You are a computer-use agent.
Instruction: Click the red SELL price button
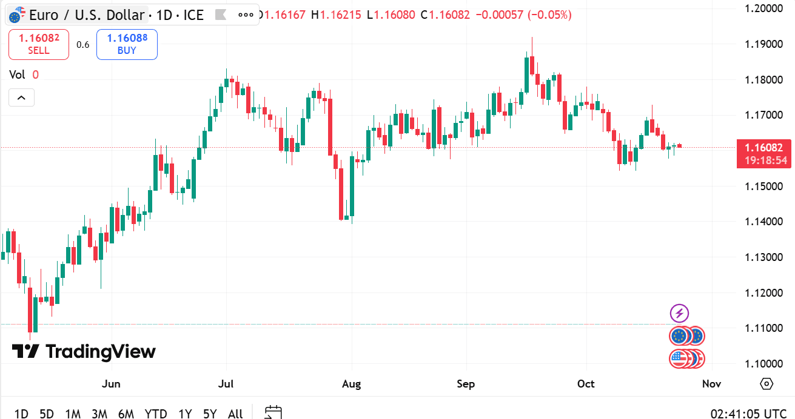pyautogui.click(x=39, y=44)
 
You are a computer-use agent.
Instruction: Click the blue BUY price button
pyautogui.click(x=127, y=44)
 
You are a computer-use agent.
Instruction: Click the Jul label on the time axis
pyautogui.click(x=226, y=384)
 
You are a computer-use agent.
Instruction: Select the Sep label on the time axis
pyautogui.click(x=466, y=384)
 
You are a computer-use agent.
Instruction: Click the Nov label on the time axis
pyautogui.click(x=711, y=384)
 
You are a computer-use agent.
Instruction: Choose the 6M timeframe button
pyautogui.click(x=126, y=414)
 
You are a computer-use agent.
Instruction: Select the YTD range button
pyautogui.click(x=156, y=414)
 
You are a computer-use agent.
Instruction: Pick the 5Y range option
pyautogui.click(x=210, y=414)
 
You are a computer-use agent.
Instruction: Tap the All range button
pyautogui.click(x=235, y=414)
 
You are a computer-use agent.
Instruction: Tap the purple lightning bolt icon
pyautogui.click(x=679, y=313)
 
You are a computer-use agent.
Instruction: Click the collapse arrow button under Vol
pyautogui.click(x=21, y=97)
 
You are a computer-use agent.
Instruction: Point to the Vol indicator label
pyautogui.click(x=17, y=74)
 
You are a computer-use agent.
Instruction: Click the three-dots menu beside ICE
pyautogui.click(x=246, y=15)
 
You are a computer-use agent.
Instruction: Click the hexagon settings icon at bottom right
pyautogui.click(x=766, y=384)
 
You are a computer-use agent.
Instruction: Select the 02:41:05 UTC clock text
pyautogui.click(x=748, y=414)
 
